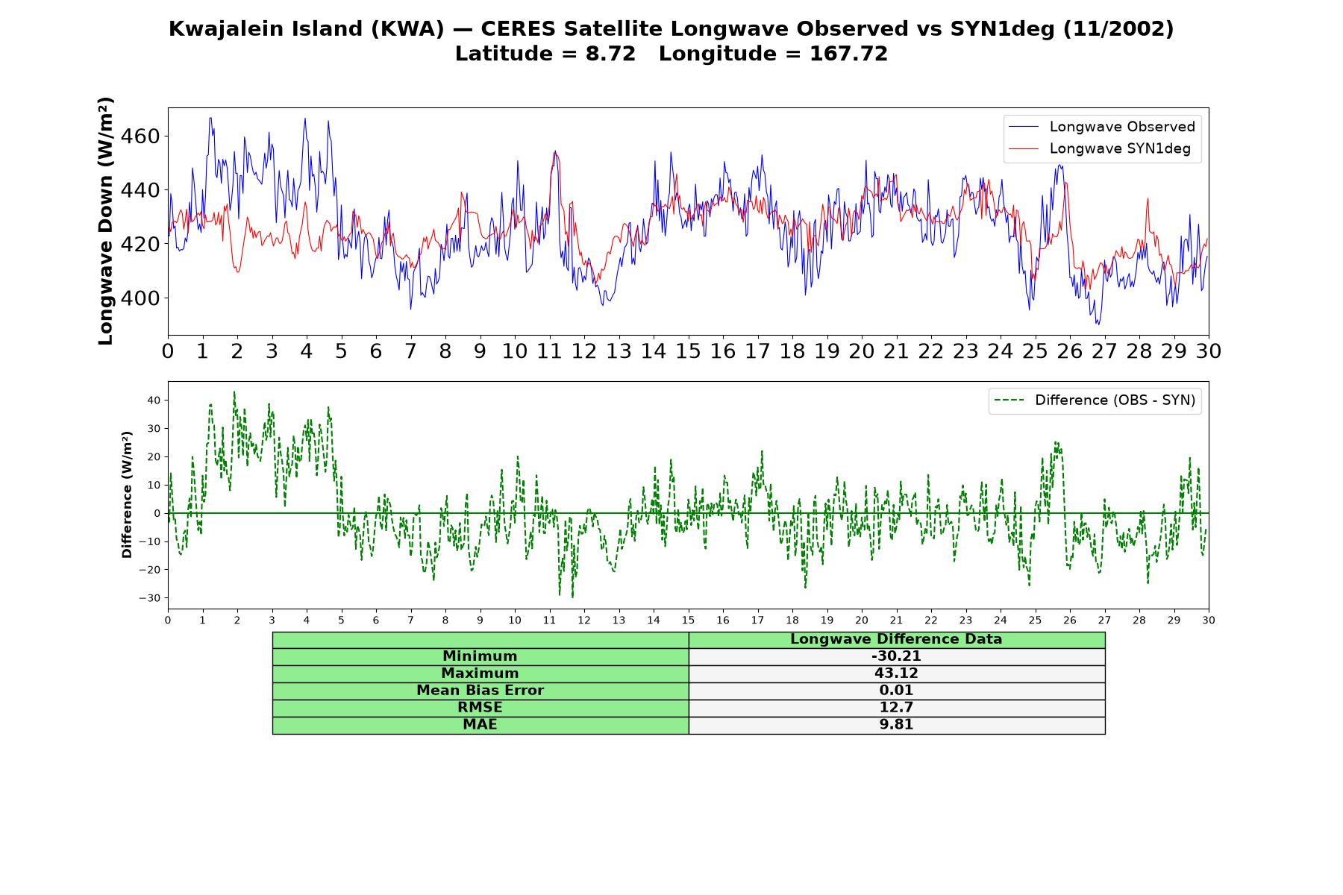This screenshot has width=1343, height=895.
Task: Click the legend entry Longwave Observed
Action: point(1101,127)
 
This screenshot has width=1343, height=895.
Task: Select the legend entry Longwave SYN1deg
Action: point(1099,148)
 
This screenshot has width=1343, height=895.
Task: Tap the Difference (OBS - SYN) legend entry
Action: point(1095,401)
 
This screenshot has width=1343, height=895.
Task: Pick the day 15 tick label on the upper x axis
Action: point(688,351)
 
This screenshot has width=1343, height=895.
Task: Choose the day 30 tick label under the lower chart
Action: point(1209,621)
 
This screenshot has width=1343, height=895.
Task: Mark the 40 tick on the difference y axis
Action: point(154,401)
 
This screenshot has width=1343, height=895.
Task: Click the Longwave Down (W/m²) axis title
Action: point(105,221)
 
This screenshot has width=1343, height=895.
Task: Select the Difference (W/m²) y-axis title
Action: point(127,494)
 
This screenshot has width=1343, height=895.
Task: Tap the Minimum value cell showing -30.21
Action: point(896,656)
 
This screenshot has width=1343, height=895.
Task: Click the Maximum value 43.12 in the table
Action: point(896,673)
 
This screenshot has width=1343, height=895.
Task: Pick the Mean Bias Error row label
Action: point(480,691)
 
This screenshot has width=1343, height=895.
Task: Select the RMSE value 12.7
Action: point(896,708)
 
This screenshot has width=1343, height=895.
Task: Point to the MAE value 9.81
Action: point(896,725)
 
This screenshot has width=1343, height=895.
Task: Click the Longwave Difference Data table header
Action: point(896,639)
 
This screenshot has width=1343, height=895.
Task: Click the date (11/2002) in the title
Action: point(1118,29)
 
